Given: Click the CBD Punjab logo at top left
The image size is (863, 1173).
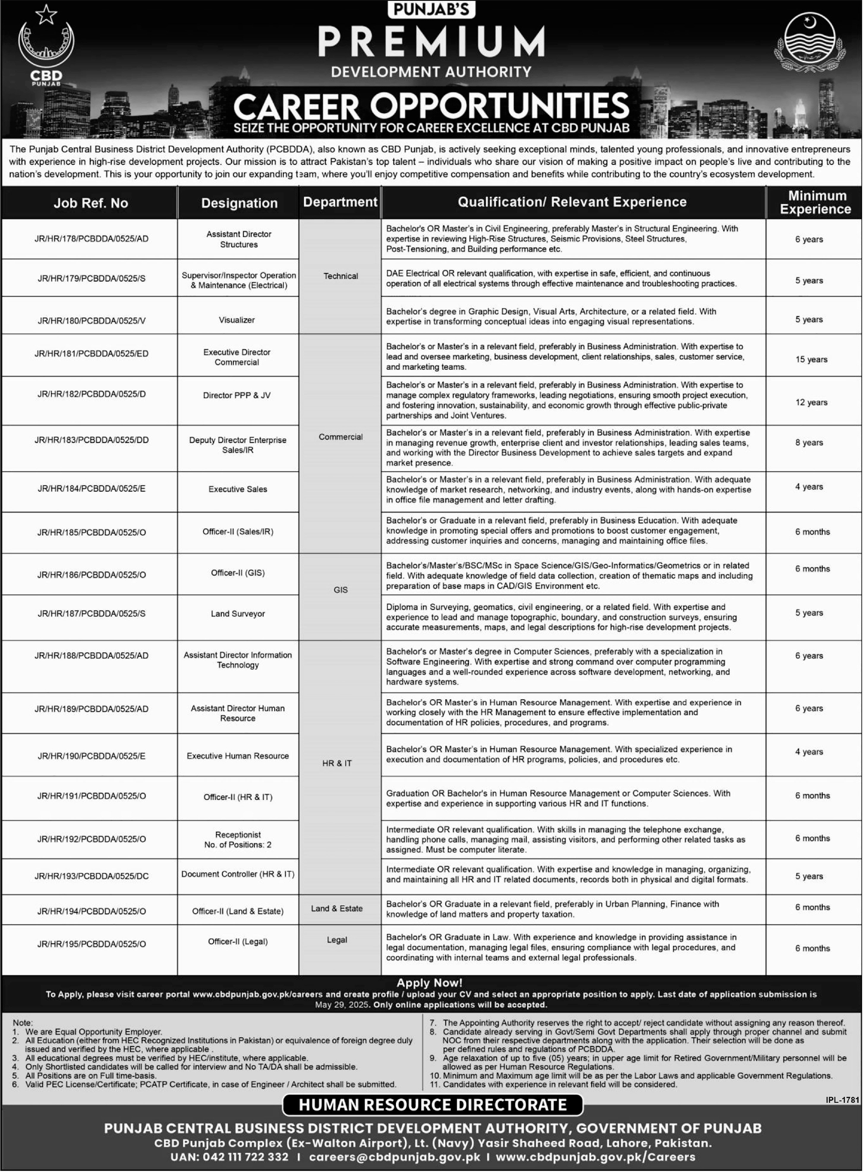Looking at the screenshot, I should [46, 47].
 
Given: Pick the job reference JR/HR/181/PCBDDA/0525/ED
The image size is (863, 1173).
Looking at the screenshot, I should [92, 354].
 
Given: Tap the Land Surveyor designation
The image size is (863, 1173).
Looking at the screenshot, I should [238, 614].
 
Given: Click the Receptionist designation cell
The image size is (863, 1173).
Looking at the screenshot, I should [238, 840].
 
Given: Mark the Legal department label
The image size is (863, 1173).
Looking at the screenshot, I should [337, 940].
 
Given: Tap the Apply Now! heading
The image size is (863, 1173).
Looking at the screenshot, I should [429, 983].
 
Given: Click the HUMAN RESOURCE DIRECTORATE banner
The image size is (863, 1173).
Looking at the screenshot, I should [433, 1105].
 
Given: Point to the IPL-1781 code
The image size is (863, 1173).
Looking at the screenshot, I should [842, 1100].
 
